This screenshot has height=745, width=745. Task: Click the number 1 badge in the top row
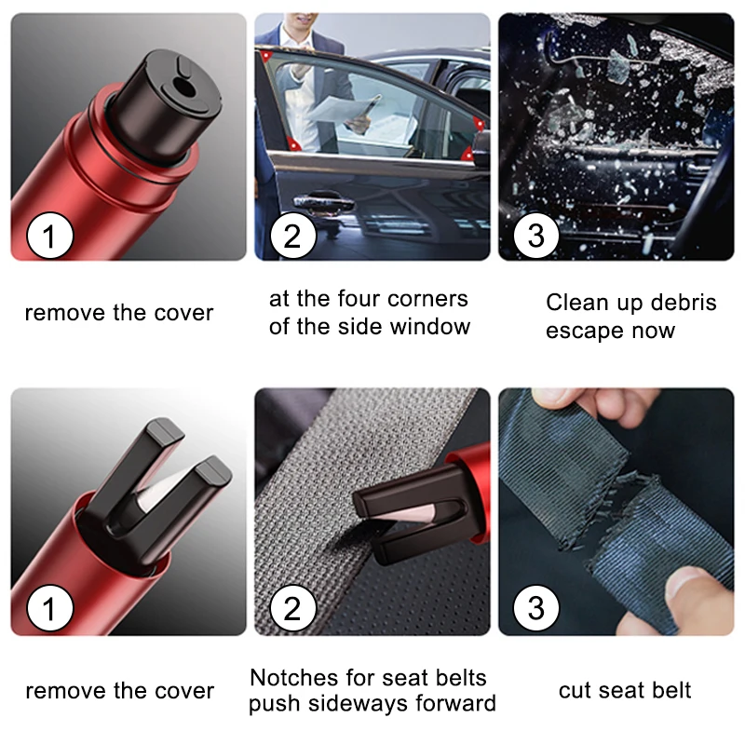pyautogui.click(x=50, y=236)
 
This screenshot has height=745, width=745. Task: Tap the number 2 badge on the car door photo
pyautogui.click(x=293, y=236)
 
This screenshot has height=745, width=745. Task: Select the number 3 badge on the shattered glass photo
pyautogui.click(x=536, y=236)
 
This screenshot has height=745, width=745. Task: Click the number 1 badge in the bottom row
pyautogui.click(x=50, y=608)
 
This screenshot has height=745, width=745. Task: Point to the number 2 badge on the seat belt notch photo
pyautogui.click(x=293, y=608)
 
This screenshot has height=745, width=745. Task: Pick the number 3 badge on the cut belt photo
pyautogui.click(x=536, y=608)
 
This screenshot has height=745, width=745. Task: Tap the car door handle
pyautogui.click(x=323, y=204)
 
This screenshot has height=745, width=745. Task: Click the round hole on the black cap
pyautogui.click(x=182, y=86)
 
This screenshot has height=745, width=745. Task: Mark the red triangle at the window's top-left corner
pyautogui.click(x=265, y=57)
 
